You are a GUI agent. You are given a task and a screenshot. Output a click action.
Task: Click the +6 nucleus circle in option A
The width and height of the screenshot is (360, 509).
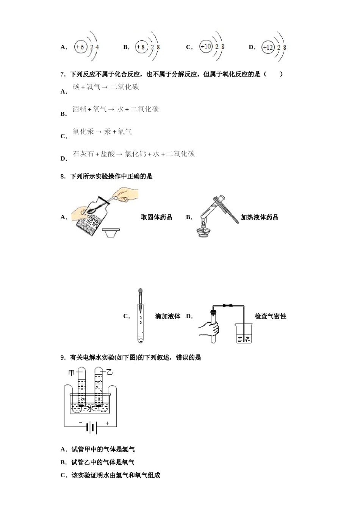click(80, 47)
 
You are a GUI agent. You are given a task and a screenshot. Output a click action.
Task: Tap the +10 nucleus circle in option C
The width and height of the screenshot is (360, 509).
click(206, 47)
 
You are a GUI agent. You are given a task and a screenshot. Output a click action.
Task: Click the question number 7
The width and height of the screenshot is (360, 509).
click(63, 74)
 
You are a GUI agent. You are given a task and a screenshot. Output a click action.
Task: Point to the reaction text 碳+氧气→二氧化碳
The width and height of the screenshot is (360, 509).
click(106, 87)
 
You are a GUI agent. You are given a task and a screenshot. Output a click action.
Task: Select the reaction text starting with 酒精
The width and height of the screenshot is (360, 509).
click(116, 109)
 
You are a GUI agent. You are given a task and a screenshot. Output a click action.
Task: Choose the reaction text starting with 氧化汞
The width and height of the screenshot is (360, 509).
click(102, 131)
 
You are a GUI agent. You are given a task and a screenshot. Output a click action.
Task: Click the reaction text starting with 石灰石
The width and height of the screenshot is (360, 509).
click(133, 154)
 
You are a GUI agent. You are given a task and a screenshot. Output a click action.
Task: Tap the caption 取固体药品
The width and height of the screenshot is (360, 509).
click(157, 217)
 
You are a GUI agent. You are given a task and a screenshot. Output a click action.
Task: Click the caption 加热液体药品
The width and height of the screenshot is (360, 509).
click(260, 217)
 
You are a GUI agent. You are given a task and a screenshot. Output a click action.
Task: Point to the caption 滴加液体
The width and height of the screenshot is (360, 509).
click(167, 316)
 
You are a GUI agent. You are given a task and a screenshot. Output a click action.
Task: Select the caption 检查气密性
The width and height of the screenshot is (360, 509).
click(270, 316)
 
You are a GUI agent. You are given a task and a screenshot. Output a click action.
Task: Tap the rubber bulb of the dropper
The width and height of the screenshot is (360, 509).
click(141, 292)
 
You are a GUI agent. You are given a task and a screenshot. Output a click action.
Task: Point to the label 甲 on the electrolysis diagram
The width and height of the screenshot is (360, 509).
click(71, 373)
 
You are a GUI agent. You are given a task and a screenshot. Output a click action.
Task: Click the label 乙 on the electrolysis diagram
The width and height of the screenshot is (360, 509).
click(110, 372)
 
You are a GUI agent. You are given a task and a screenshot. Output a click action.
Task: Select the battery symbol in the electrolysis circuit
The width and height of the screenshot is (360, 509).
click(91, 428)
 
